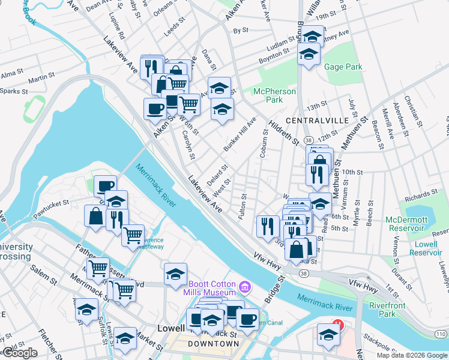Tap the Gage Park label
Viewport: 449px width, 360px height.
tap(343, 67)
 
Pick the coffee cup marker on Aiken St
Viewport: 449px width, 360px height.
tap(155, 109)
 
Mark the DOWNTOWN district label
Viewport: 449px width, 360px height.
tap(214, 344)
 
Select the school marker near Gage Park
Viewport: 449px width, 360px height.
tap(309, 55)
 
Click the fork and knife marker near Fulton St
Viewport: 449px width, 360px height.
tap(267, 226)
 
